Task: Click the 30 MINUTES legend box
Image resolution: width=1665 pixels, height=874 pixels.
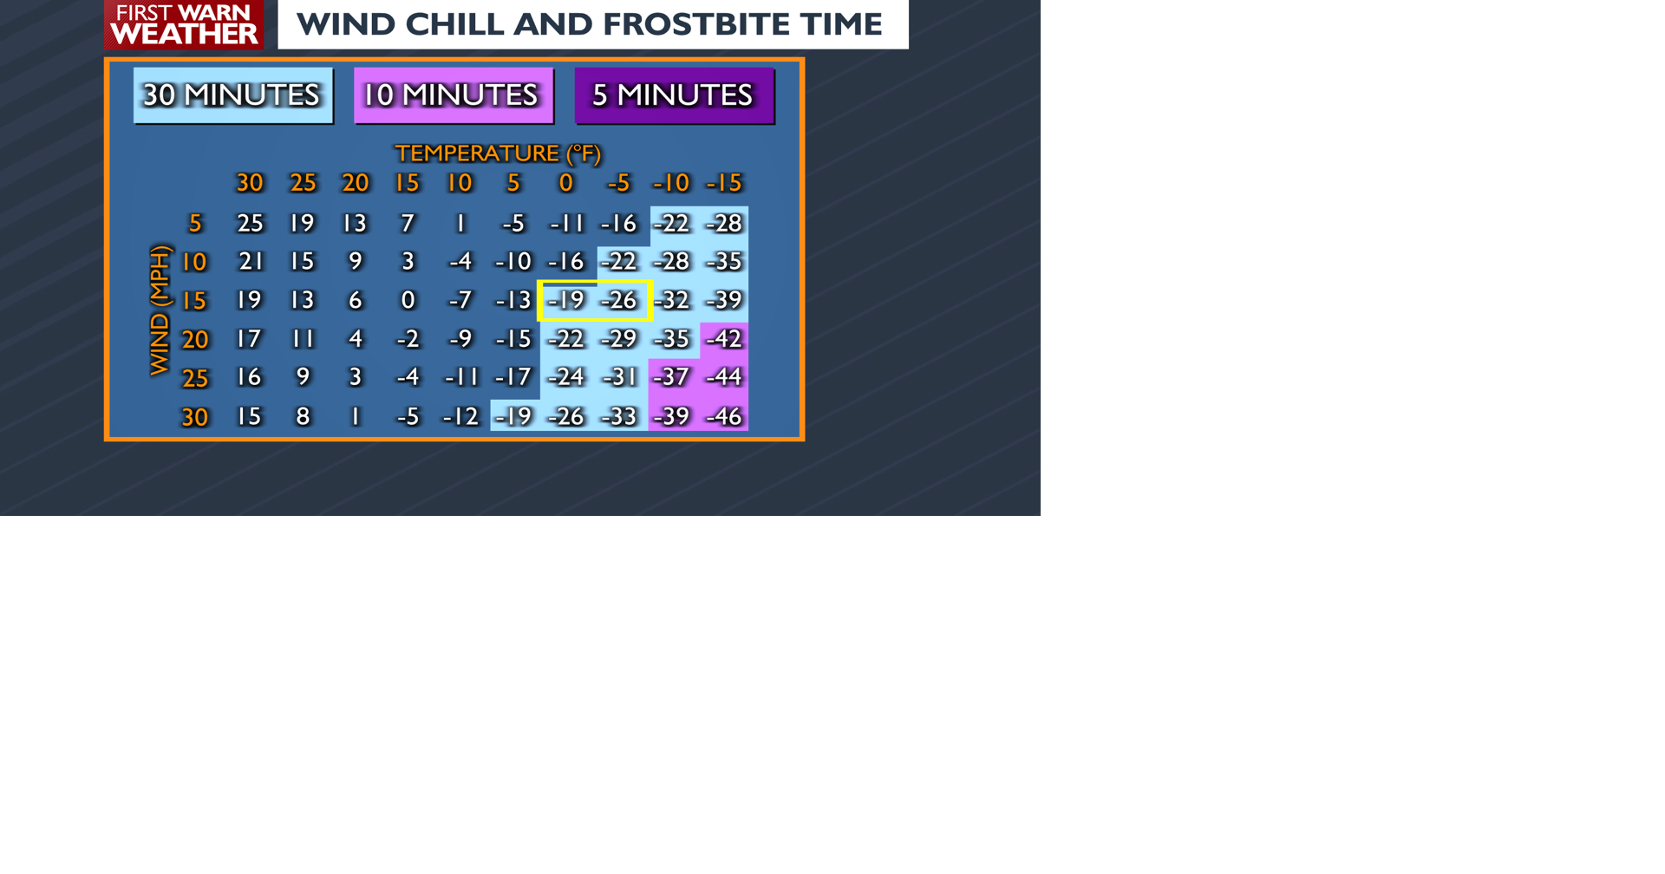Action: [232, 95]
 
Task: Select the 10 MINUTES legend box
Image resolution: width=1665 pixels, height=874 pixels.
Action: [453, 95]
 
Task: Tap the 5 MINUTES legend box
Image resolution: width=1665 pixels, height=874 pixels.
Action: [674, 95]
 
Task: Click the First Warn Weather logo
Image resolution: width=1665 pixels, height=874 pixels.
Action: [184, 24]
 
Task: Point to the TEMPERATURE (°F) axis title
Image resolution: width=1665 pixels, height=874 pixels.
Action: [498, 153]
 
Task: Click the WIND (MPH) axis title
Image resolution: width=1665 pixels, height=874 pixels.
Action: [160, 310]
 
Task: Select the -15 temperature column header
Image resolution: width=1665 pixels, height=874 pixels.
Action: [723, 183]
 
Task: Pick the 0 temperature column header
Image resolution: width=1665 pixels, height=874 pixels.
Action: [565, 183]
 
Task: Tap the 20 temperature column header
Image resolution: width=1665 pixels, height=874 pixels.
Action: [355, 183]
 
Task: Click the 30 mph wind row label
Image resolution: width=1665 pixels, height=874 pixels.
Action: [194, 417]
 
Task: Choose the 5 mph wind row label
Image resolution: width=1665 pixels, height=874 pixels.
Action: [195, 224]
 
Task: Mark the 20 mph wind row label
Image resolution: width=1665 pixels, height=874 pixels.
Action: [194, 339]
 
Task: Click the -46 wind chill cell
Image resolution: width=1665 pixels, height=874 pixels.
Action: [723, 416]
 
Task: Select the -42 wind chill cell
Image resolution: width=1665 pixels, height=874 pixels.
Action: [723, 339]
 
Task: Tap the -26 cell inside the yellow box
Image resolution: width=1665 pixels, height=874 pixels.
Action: [619, 300]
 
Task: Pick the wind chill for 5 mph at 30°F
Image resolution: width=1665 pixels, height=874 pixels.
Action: [250, 224]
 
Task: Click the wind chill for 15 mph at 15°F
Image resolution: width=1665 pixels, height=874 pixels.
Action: [408, 300]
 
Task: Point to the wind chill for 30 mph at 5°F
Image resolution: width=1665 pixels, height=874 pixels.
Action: [513, 416]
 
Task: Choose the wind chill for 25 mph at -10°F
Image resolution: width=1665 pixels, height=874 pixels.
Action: [671, 377]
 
